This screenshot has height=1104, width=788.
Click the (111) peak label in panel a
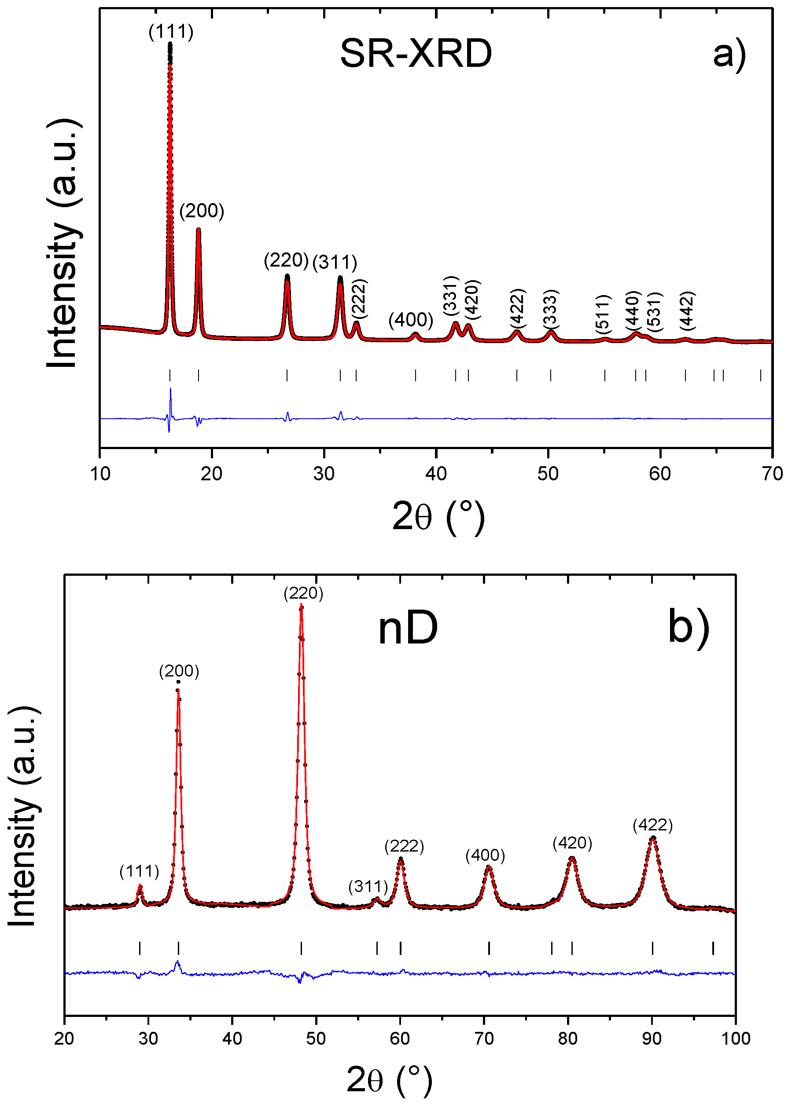(x=171, y=32)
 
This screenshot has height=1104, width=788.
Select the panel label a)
(x=729, y=54)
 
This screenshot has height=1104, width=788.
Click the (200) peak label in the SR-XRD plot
(x=202, y=211)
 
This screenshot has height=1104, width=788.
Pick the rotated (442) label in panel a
(x=687, y=310)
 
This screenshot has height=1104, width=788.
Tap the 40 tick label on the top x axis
(x=436, y=474)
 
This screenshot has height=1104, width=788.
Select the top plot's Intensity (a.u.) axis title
(x=63, y=242)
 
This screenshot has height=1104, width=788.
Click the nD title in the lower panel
(x=408, y=629)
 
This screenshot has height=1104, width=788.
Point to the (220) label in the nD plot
(x=303, y=593)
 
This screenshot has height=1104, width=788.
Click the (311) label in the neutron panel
(x=368, y=886)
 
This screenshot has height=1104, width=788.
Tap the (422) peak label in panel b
(x=652, y=825)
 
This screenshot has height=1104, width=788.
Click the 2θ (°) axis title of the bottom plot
(x=389, y=1079)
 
